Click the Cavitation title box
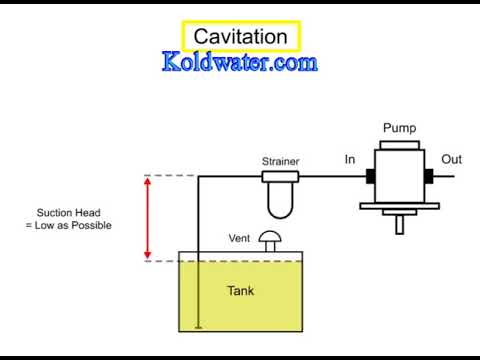[240, 37]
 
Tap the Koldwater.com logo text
[240, 63]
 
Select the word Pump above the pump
[400, 128]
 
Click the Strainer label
[280, 160]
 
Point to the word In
[350, 159]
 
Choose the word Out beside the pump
[451, 159]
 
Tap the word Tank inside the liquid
[240, 291]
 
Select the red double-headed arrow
[147, 218]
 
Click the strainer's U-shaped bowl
[280, 201]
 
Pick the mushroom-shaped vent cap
[270, 240]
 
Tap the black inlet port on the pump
[369, 177]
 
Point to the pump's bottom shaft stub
[400, 224]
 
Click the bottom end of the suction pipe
[199, 326]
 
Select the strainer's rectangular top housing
[280, 177]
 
